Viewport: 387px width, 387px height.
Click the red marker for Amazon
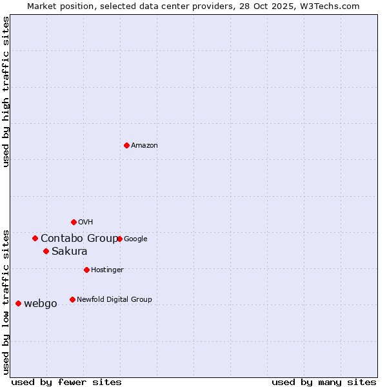(x=126, y=145)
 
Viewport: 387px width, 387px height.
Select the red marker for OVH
(x=74, y=222)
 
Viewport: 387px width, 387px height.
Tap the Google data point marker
(x=119, y=239)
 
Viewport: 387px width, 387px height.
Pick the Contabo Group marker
(x=35, y=238)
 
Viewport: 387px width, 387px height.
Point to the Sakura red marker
(x=46, y=251)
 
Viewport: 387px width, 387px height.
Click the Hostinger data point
(x=86, y=270)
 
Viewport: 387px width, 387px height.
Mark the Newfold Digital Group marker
(x=72, y=299)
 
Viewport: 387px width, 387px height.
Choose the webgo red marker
(x=18, y=303)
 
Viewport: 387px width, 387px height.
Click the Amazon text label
(x=144, y=146)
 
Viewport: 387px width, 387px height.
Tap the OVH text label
(x=86, y=223)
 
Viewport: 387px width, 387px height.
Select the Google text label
(x=135, y=239)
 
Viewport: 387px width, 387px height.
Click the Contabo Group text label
(x=79, y=239)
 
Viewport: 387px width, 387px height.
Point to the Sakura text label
(x=70, y=252)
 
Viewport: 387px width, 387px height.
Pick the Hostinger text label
(x=107, y=270)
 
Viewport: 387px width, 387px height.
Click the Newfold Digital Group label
(x=114, y=299)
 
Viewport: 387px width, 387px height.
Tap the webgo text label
(x=41, y=304)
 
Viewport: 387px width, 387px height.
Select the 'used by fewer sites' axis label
(x=66, y=382)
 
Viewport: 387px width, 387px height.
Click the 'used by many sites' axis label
(x=324, y=382)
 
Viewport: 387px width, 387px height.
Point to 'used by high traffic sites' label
(x=6, y=92)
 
